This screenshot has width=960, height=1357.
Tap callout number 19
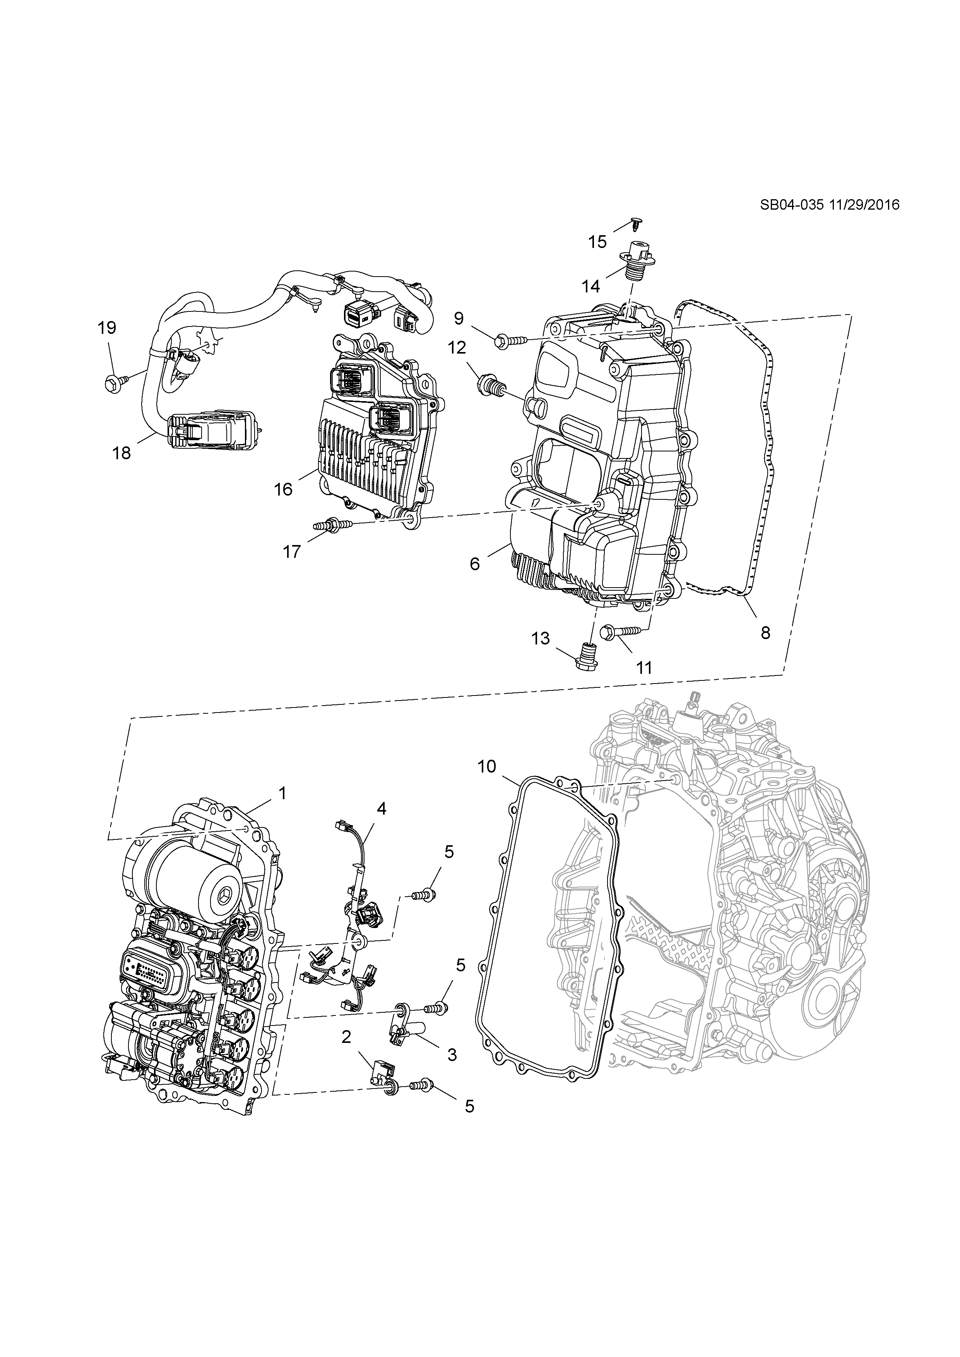(x=107, y=327)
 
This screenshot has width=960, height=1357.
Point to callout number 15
(x=597, y=242)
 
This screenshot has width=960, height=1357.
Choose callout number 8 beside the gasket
(x=765, y=633)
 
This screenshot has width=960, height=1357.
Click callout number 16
(x=283, y=489)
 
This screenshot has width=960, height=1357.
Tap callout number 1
(x=282, y=793)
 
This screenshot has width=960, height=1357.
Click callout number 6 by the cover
(x=475, y=564)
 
